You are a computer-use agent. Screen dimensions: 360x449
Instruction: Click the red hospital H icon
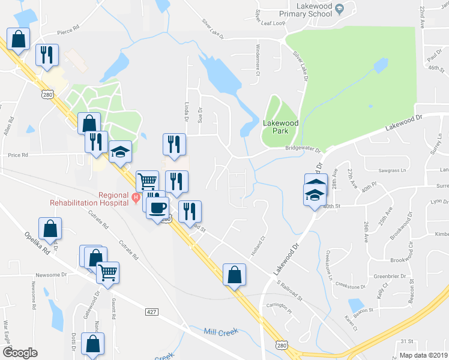point(136,196)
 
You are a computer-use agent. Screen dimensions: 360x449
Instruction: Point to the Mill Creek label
point(221,331)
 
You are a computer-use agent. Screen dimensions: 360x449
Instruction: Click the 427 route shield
point(151,311)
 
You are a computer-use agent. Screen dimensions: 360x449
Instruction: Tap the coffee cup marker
point(157,208)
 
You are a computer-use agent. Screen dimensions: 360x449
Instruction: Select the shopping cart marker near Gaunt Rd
point(108,272)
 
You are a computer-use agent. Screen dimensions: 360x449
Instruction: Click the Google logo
point(20,352)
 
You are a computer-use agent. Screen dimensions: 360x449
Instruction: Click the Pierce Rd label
point(69,28)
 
